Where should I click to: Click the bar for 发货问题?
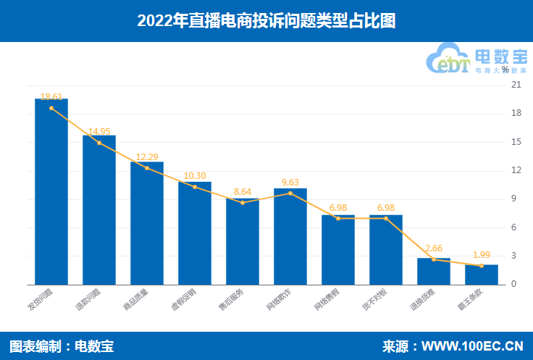51,192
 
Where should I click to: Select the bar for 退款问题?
99,210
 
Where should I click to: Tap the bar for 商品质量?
147,223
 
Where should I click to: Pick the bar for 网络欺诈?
290,236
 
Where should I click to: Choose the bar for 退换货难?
434,271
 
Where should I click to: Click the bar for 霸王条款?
482,275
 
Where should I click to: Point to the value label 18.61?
51,96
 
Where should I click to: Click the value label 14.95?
99,131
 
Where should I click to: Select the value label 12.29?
147,156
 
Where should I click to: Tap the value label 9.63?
290,182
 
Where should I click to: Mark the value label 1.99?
482,255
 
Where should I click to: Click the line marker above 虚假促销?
195,187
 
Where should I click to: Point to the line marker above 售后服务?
243,203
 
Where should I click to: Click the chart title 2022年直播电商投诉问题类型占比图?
266,21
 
